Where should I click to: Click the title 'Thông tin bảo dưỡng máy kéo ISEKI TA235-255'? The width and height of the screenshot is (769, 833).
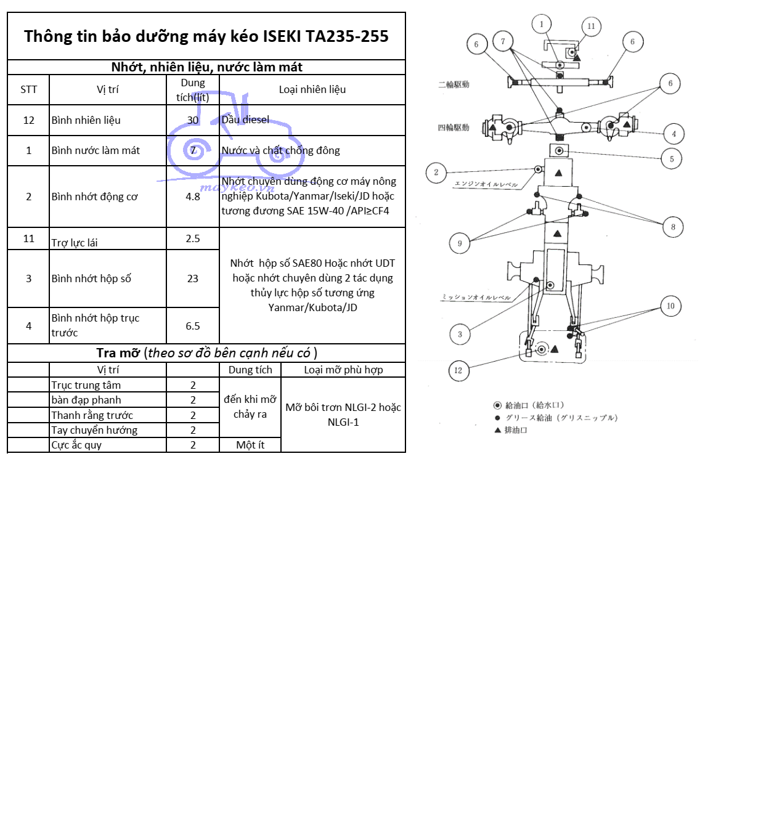pos(206,36)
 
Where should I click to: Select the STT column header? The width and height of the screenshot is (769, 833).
pos(28,90)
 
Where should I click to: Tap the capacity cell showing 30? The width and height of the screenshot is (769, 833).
pos(193,120)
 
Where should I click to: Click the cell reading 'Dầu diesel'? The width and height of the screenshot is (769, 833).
pos(245,120)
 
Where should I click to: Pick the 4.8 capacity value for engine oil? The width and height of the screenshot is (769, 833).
pos(193,197)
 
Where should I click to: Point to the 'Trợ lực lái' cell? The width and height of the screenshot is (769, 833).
pos(75,243)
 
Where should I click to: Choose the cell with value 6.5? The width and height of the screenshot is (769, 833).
pos(193,326)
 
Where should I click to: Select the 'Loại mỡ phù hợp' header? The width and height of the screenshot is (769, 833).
pos(343,370)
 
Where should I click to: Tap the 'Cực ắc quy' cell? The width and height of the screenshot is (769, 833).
pos(76,445)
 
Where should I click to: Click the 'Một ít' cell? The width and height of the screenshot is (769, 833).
pos(250,445)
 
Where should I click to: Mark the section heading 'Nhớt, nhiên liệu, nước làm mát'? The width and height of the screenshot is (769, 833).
pos(206,67)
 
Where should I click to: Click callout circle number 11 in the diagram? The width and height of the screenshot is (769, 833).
pos(591,26)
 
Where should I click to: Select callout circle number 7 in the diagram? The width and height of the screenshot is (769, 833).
pos(503,42)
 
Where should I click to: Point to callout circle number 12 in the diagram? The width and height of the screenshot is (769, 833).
pos(458,370)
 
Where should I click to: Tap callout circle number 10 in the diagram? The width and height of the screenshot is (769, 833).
pos(670,306)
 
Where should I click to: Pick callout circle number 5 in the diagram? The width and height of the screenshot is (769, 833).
pos(672,159)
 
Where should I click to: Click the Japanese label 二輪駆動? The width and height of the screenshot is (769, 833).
pos(454,84)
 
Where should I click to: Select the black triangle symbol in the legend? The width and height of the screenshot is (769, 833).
pos(497,430)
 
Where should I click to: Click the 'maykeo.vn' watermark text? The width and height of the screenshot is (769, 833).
pos(237,187)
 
